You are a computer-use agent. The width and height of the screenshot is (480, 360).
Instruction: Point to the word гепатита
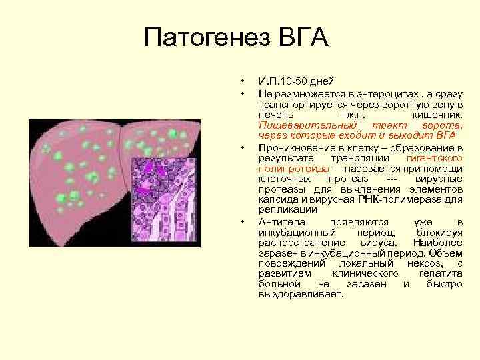pyautogui.click(x=440, y=273)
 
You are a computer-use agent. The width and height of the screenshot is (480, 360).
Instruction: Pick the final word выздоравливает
pyautogui.click(x=300, y=293)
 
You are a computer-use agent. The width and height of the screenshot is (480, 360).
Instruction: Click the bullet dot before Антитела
pyautogui.click(x=243, y=221)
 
